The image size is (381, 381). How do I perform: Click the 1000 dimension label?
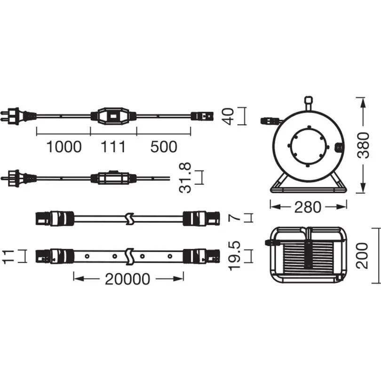point(64,147)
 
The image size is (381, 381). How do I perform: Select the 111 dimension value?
point(113,147)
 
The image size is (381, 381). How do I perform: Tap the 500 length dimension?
point(164,147)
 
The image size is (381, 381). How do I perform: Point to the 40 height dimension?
point(229,116)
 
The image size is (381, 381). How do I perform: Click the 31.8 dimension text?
point(185,178)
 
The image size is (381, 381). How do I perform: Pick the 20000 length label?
point(127,279)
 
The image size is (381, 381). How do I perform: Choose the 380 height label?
point(364,145)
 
